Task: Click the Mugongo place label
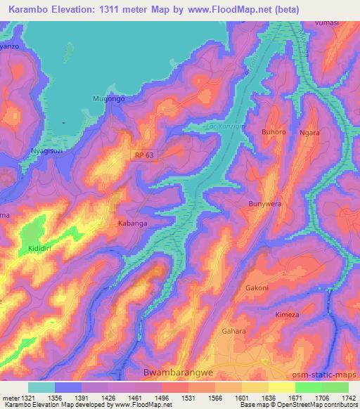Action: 108,99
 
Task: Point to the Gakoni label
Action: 257,288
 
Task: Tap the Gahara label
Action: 233,331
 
